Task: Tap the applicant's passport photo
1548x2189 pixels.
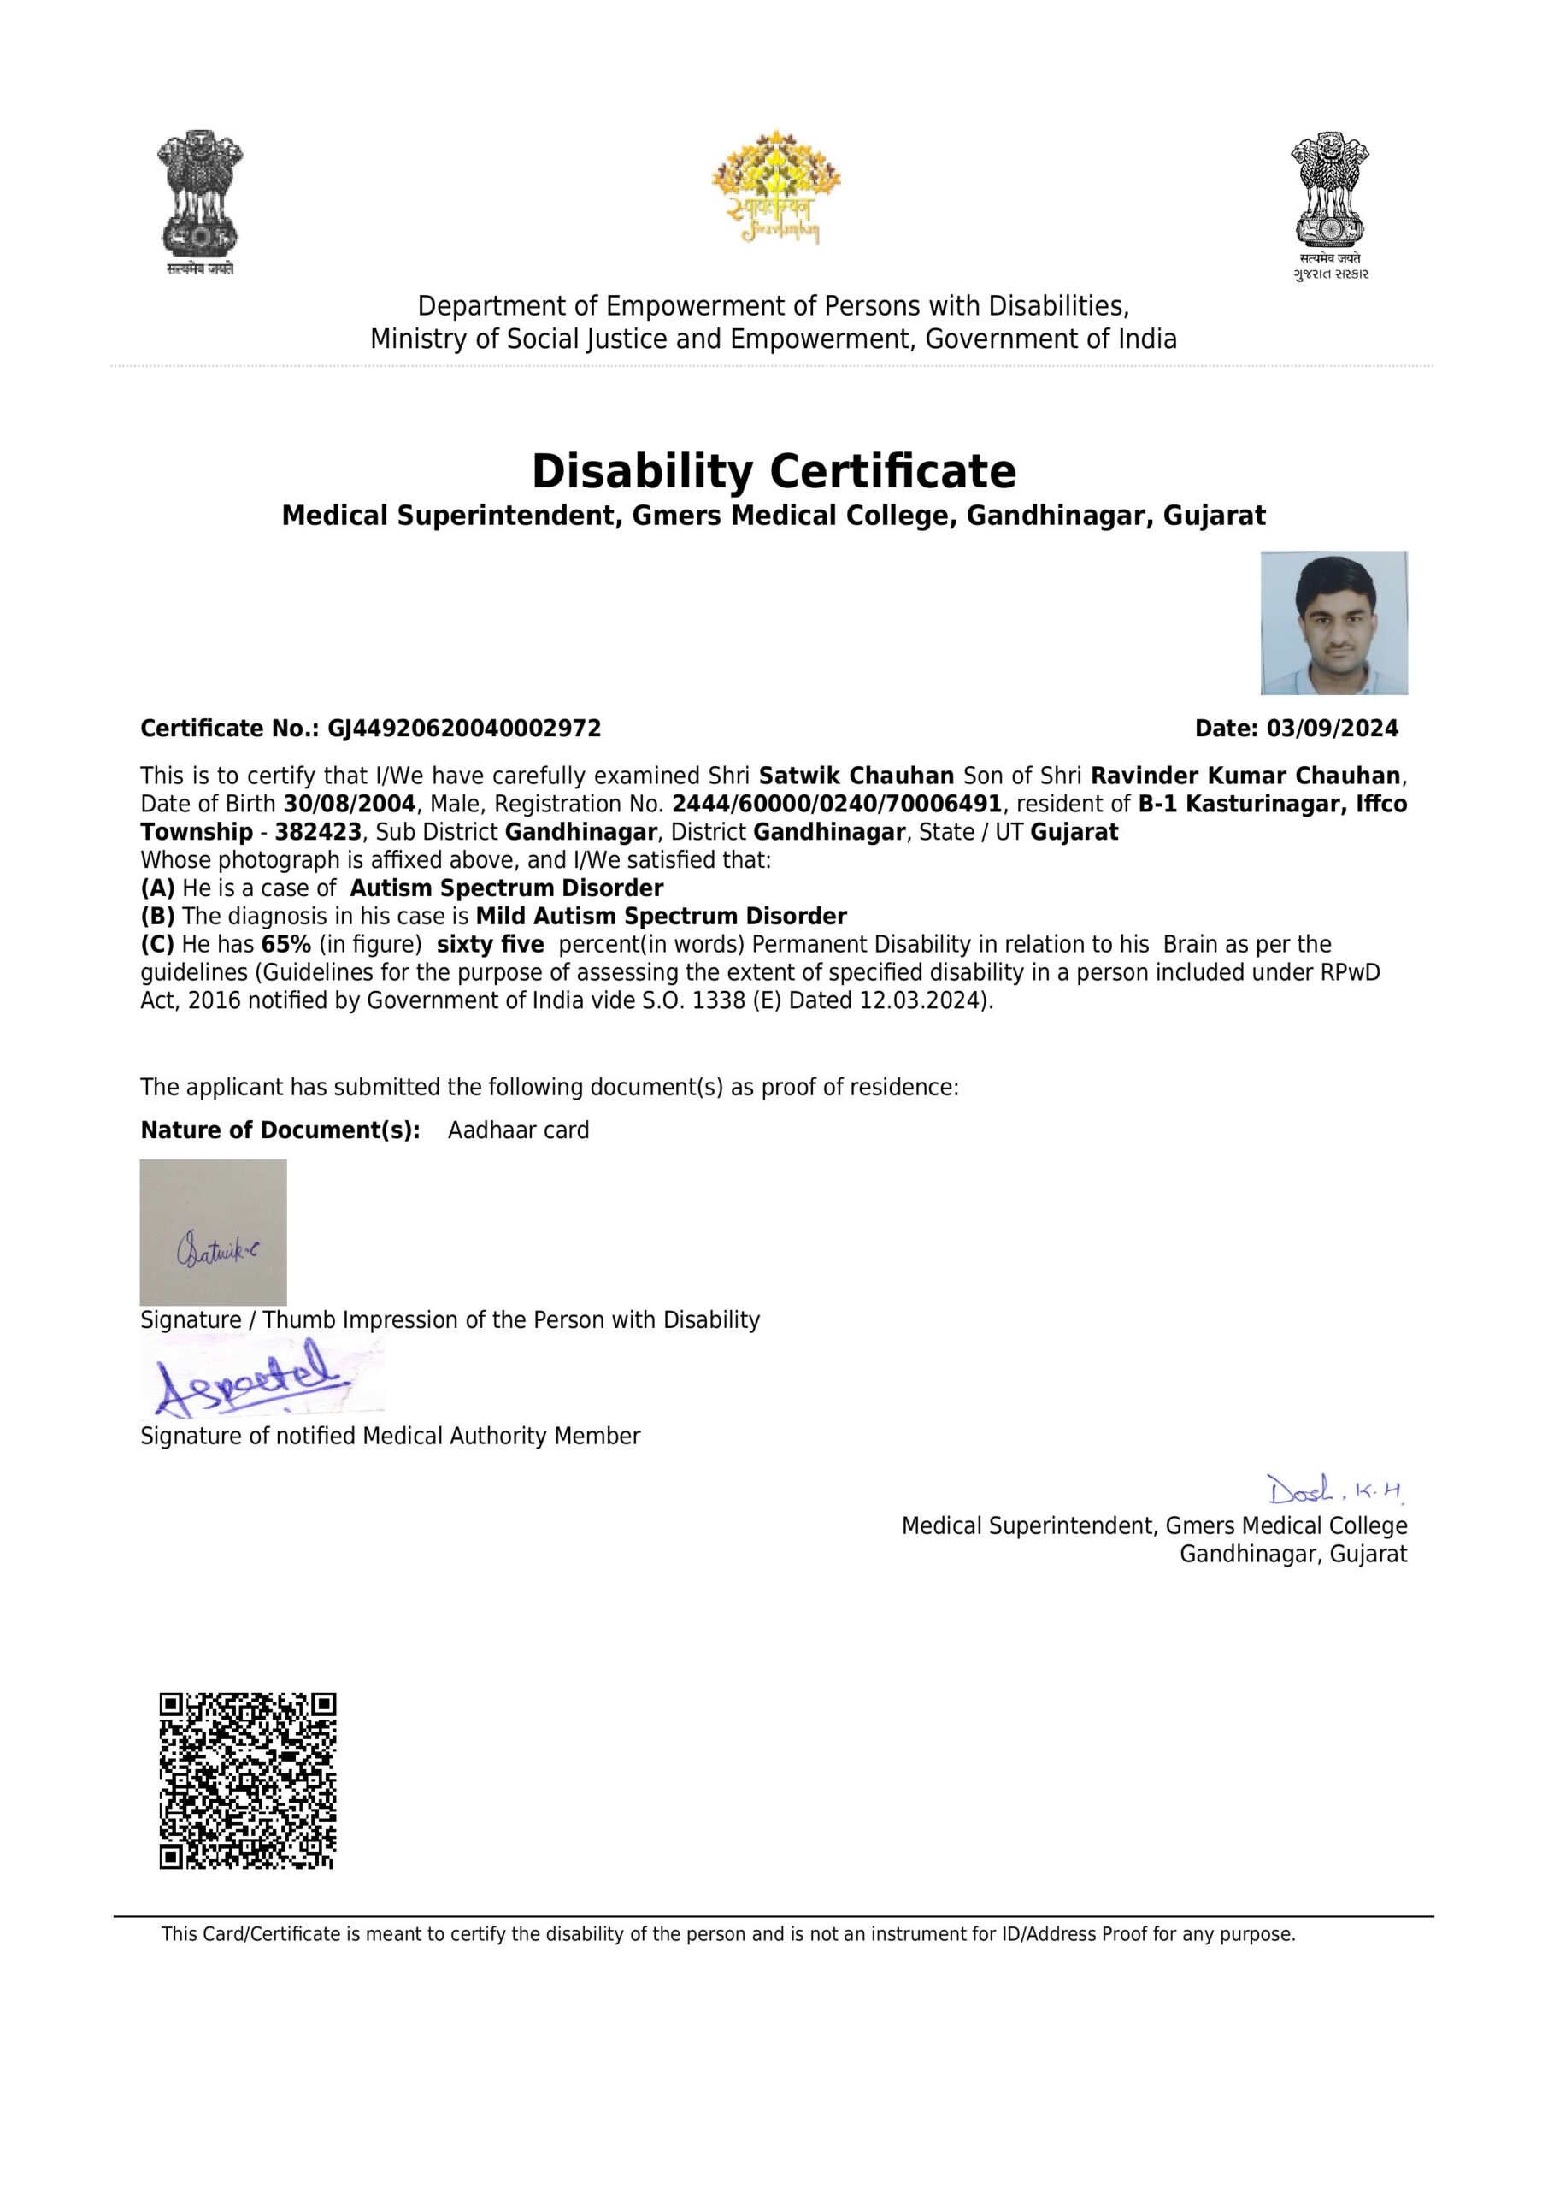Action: point(1333,622)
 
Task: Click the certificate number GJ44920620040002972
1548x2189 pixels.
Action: point(464,729)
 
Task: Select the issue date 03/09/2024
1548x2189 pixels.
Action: point(1332,729)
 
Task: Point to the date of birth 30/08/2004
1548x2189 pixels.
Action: point(349,804)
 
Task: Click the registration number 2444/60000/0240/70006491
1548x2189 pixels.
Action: point(836,804)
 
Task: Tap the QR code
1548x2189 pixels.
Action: point(248,1781)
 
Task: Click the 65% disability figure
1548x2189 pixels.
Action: point(286,945)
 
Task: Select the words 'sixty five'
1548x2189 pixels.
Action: point(490,945)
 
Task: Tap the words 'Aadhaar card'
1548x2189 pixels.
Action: point(519,1130)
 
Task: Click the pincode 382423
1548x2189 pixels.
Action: point(317,832)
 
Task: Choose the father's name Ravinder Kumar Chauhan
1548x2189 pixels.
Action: point(1245,776)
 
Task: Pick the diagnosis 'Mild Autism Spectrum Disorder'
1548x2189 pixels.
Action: point(661,916)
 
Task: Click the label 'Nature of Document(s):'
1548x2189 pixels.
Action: point(280,1130)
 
